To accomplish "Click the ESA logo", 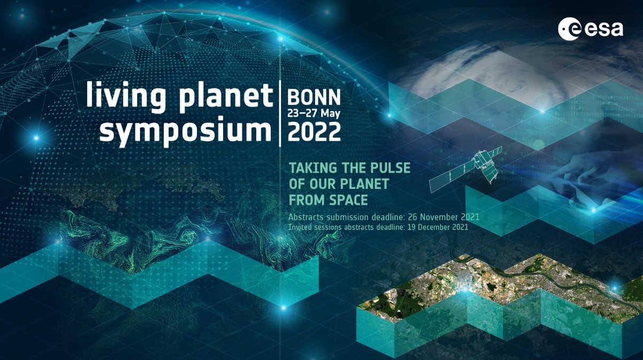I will [x=591, y=28].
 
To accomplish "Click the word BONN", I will [x=314, y=97].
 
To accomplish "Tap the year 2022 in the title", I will [x=314, y=131].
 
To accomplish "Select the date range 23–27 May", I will [x=313, y=114].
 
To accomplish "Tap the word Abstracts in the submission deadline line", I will [x=306, y=217].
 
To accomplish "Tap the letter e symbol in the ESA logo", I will [x=569, y=29].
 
